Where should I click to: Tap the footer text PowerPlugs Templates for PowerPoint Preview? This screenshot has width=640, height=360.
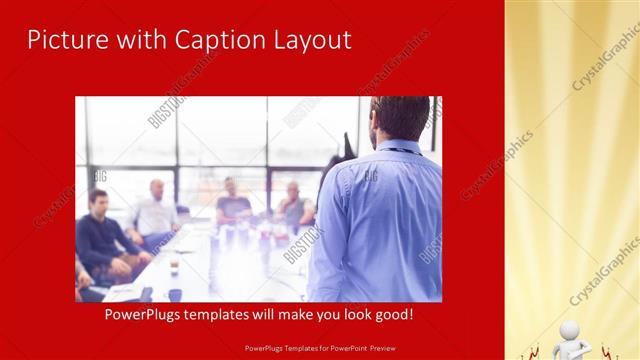click(x=320, y=349)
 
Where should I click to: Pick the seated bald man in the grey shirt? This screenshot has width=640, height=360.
click(x=292, y=205)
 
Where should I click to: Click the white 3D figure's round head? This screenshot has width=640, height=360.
click(x=570, y=331)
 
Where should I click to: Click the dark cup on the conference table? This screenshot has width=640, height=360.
click(x=175, y=294)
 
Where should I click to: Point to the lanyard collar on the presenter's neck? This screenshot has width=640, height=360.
click(x=400, y=149)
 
